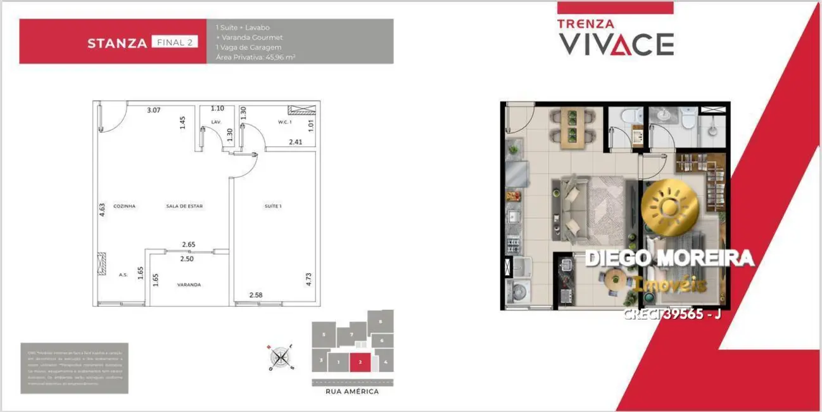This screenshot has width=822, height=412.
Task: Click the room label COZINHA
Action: click(x=124, y=206)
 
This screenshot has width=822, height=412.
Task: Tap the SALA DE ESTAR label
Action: click(x=184, y=206)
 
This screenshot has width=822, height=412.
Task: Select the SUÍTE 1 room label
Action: click(x=273, y=206)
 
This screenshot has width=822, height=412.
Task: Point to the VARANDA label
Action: click(x=189, y=285)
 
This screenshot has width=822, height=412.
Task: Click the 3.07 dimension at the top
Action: click(x=153, y=110)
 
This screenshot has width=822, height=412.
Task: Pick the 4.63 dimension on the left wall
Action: click(x=102, y=210)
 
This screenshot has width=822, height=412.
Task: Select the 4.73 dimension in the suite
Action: click(x=308, y=280)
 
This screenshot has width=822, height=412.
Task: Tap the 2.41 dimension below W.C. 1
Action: click(x=295, y=143)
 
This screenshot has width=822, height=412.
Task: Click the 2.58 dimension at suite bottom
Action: click(x=256, y=295)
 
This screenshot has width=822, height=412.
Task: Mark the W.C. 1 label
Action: click(x=284, y=122)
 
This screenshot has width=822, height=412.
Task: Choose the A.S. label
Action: click(x=123, y=275)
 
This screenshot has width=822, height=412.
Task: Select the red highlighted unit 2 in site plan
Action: click(x=360, y=363)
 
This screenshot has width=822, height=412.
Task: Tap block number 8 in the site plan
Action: click(x=381, y=321)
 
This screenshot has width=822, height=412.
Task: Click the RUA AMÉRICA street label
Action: click(x=352, y=392)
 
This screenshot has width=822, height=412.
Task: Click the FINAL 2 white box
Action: click(x=174, y=42)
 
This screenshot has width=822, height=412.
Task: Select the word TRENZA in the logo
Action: click(x=585, y=24)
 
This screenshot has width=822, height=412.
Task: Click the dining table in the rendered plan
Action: click(x=571, y=126)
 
